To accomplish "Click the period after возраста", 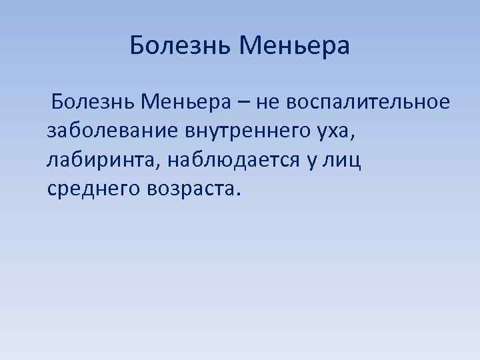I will pyautogui.click(x=233, y=195).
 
